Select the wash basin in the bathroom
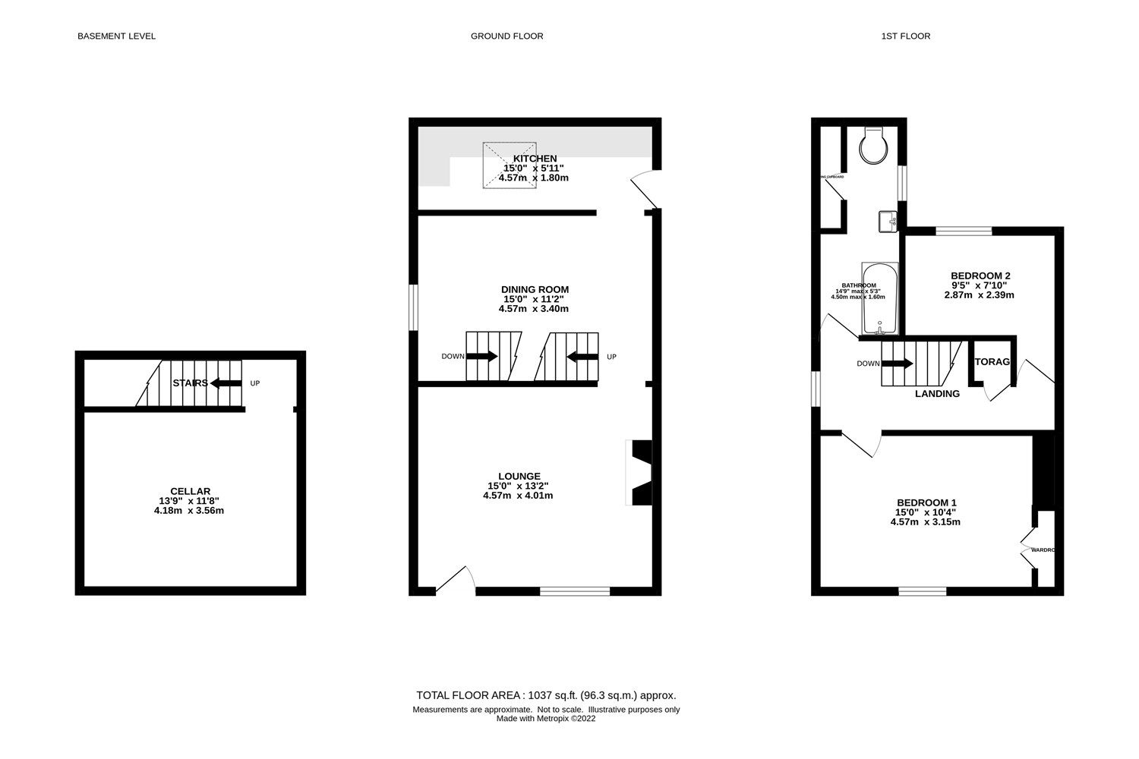pos(888,222)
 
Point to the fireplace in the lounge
pos(638,472)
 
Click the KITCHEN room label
pos(534,159)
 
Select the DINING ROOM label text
pos(535,289)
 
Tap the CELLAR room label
pos(190,491)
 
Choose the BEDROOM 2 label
pos(980,276)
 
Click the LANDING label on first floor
pos(937,394)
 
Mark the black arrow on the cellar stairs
pos(226,383)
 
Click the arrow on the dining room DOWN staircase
pos(486,356)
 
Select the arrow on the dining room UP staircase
pos(581,356)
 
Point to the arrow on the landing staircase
pos(898,364)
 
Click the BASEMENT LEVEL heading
pos(116,36)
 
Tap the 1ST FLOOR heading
pos(907,36)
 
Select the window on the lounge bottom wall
pos(575,591)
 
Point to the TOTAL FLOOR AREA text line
pos(545,695)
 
